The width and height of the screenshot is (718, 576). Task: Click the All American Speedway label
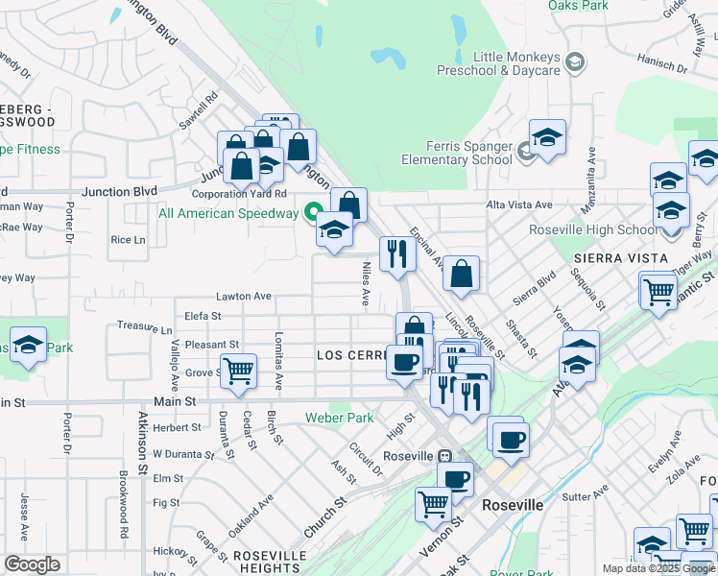tap(228, 213)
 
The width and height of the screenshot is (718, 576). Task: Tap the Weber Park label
tap(339, 418)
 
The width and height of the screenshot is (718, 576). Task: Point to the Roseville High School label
tap(594, 229)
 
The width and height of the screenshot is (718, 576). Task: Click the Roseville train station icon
tap(445, 455)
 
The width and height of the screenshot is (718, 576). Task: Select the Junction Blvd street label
tap(119, 192)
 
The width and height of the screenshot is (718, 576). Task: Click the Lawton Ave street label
tap(244, 297)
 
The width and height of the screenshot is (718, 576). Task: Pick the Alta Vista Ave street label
tap(519, 204)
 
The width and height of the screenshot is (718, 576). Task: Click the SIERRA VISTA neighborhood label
tap(620, 259)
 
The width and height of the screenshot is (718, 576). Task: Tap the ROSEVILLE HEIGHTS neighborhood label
tap(262, 562)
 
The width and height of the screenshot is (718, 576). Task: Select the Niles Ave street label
tap(365, 283)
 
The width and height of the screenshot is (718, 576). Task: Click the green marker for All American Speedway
tap(313, 212)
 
